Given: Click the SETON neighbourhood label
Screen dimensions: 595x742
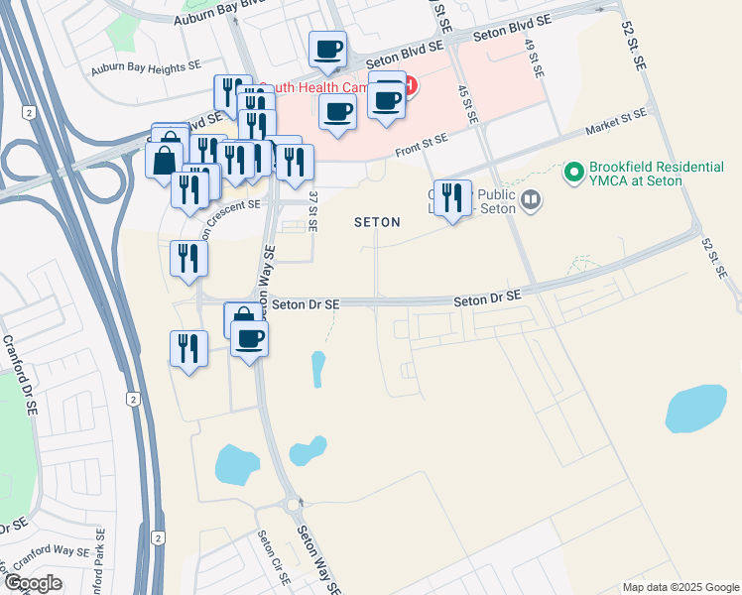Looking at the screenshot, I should pyautogui.click(x=377, y=223).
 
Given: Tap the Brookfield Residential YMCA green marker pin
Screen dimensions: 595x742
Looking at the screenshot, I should pyautogui.click(x=572, y=173).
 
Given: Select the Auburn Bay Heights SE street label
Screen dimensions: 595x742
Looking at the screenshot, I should pyautogui.click(x=146, y=69).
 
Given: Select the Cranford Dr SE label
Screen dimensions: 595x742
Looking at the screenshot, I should pyautogui.click(x=23, y=373).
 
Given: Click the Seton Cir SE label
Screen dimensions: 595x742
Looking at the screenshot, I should pyautogui.click(x=269, y=555).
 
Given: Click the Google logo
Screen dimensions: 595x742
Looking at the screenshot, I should pyautogui.click(x=32, y=583).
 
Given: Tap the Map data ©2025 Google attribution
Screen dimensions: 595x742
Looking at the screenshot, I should pyautogui.click(x=680, y=587).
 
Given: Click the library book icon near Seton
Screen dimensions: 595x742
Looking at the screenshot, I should pyautogui.click(x=532, y=202).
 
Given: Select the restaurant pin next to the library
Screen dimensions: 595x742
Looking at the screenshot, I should pyautogui.click(x=451, y=197).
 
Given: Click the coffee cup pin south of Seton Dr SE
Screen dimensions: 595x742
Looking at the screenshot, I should pyautogui.click(x=250, y=338).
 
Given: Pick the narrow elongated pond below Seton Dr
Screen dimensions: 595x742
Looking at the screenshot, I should pyautogui.click(x=317, y=370).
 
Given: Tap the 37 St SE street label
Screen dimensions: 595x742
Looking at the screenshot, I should pyautogui.click(x=312, y=211).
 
